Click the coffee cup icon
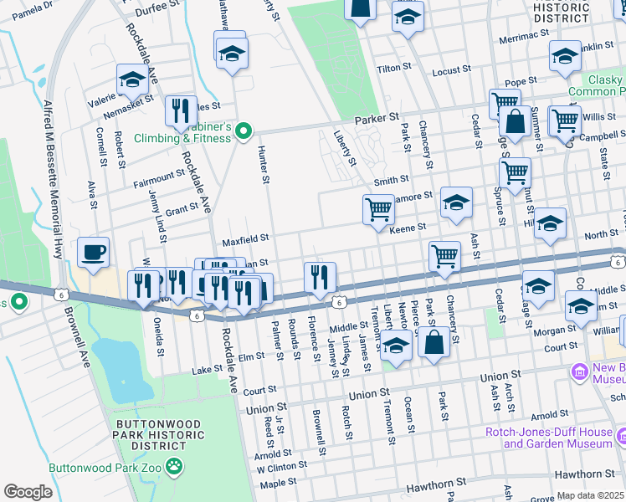coord(93,252)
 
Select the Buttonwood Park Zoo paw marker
coord(174,467)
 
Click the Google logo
coord(28,492)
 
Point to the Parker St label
coord(374,120)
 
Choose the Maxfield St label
coord(244,241)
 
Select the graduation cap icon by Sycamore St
coord(456,202)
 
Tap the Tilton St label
coord(390,69)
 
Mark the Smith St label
coord(391,180)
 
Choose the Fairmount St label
coord(158,179)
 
